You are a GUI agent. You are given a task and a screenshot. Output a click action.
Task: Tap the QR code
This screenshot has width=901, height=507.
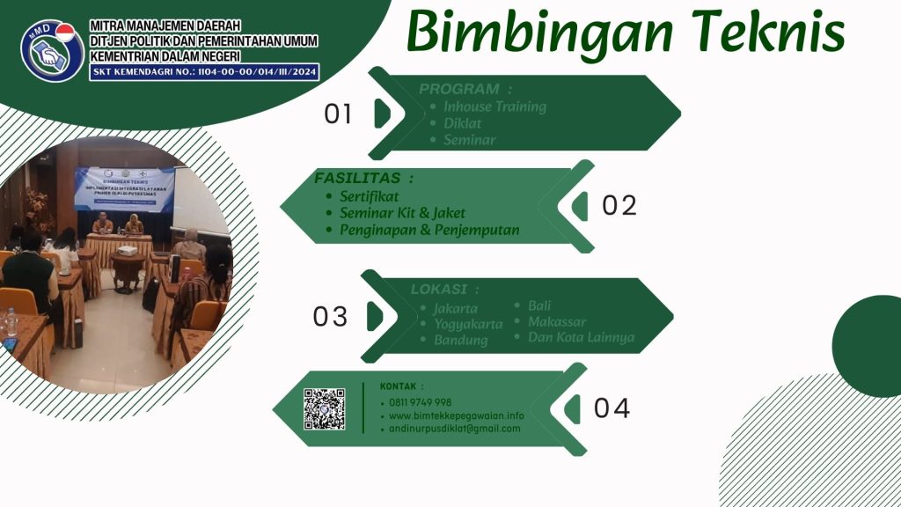325,409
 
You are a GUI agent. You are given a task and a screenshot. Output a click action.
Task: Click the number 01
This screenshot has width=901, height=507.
338,114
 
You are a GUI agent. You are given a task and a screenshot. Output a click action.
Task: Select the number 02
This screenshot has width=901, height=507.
619,205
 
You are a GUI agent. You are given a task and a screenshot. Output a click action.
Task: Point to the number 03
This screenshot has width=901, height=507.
330,317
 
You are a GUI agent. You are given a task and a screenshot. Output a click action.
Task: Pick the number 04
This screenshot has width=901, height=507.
612,409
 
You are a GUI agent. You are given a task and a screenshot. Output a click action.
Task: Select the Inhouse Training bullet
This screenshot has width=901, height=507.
494,107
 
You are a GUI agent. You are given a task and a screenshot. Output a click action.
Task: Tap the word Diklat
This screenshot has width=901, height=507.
462,123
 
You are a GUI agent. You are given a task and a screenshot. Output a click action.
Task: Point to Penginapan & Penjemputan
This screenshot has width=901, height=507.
429,230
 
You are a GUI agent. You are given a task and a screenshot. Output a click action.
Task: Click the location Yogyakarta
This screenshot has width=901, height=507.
468,324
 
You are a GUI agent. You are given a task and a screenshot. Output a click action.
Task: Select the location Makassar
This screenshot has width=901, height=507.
557,321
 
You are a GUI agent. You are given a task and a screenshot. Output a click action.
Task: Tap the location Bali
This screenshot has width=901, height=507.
539,305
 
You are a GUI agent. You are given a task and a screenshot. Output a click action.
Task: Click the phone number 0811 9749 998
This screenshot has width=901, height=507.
420,402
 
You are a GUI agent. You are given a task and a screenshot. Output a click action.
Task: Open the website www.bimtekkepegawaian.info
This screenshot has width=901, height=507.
456,415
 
